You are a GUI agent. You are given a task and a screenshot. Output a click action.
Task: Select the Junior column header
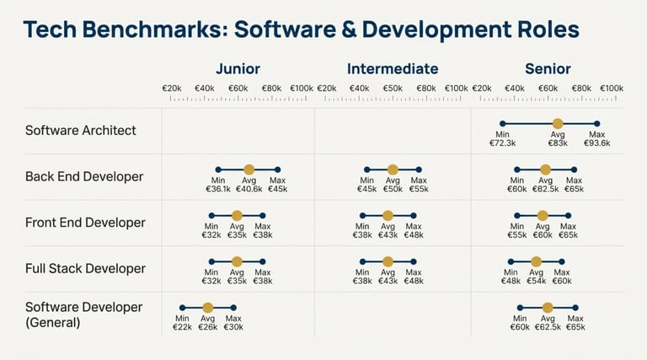click(x=238, y=69)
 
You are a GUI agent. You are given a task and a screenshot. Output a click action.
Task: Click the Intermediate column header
click(x=393, y=69)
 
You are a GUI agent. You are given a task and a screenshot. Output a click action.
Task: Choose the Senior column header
click(x=548, y=69)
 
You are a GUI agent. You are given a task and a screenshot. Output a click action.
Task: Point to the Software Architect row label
click(x=81, y=131)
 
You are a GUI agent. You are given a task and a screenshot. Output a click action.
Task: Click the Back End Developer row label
click(x=84, y=177)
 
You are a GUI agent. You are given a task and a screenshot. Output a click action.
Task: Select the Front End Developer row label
click(x=85, y=223)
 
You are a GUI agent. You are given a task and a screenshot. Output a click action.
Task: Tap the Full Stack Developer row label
click(x=85, y=269)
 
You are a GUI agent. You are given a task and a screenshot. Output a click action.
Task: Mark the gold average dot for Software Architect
click(x=557, y=123)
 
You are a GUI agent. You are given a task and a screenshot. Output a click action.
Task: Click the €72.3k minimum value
click(x=503, y=143)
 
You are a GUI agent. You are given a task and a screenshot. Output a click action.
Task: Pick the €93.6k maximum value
click(x=596, y=143)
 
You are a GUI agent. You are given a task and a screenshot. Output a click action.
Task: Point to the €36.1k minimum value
click(x=218, y=189)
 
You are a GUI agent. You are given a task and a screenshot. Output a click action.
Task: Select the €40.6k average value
click(x=249, y=189)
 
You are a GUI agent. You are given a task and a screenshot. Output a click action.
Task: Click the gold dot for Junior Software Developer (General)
click(x=208, y=307)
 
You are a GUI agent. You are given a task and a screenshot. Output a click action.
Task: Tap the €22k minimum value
click(x=182, y=326)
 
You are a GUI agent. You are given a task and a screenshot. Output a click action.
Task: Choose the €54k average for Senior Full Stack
click(x=536, y=281)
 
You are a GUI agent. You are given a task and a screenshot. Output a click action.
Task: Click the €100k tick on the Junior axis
click(x=301, y=88)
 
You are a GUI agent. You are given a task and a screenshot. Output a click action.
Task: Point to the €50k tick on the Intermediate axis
click(x=393, y=88)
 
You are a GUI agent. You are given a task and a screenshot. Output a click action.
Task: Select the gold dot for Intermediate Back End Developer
click(x=393, y=169)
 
